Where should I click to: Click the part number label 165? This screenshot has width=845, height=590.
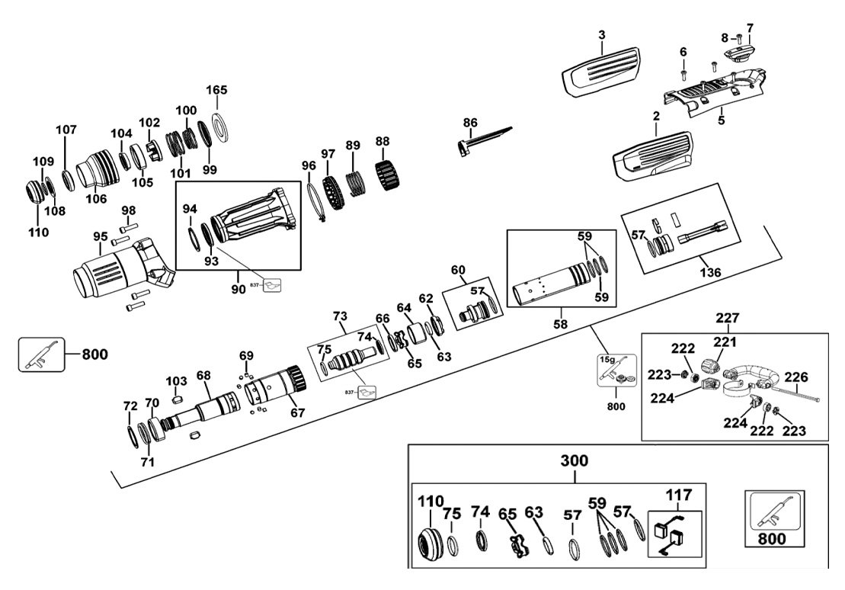point(217,91)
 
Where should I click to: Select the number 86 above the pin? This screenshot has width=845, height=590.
point(470,122)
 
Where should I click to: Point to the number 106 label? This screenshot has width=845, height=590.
point(96,199)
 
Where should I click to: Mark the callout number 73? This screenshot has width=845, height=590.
point(340,316)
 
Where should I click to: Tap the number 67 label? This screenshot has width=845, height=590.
point(296,412)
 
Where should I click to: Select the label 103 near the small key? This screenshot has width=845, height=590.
point(176,380)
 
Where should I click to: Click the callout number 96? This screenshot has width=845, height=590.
point(309,165)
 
